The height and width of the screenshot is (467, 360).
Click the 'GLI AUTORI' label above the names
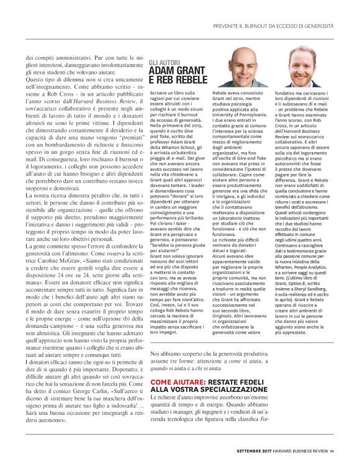click(164, 63)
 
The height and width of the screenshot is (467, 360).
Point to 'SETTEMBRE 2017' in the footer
click(243, 451)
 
